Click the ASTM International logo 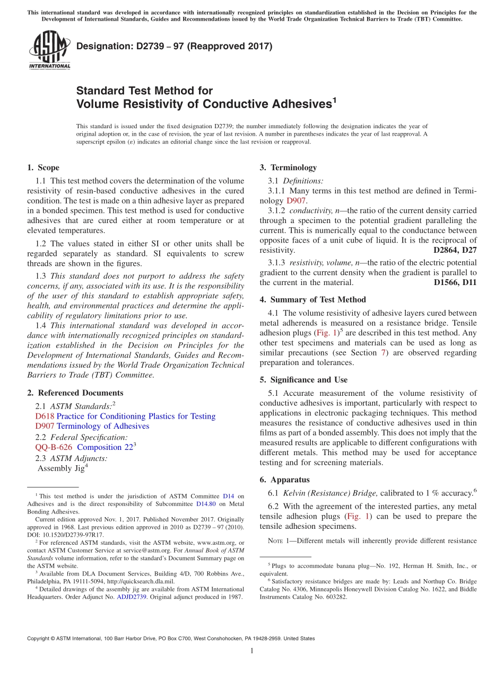(49, 51)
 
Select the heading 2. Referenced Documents (75, 393)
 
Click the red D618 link (45, 416)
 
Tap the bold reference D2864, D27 (455, 250)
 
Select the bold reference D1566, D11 (455, 282)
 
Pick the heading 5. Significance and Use (303, 379)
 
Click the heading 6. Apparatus (284, 480)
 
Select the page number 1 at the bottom (252, 651)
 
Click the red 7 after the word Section (384, 352)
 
